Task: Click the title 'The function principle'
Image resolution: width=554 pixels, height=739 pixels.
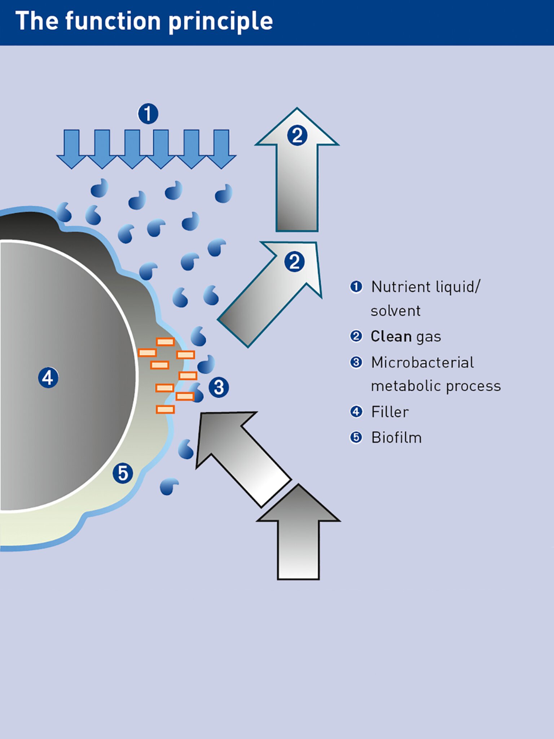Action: (144, 21)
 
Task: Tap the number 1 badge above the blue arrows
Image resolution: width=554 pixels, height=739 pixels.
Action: (148, 114)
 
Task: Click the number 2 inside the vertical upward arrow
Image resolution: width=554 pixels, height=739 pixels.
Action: (297, 136)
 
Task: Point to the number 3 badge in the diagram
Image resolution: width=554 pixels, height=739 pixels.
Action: (219, 388)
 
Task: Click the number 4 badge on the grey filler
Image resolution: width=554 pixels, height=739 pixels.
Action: (48, 378)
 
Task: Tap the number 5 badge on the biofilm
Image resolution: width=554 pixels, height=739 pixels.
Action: (123, 473)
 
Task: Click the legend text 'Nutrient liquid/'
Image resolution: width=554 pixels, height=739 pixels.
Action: (426, 287)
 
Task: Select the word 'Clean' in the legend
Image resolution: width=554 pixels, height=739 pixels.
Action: (391, 336)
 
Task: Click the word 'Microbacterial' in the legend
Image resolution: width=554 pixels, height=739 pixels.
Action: (422, 362)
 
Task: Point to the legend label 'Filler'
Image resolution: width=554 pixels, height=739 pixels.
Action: (390, 412)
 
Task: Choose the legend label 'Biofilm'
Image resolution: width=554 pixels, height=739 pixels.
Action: (396, 438)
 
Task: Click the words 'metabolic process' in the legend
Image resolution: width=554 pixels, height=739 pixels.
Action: (436, 386)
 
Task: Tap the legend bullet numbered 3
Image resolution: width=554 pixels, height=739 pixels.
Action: (356, 362)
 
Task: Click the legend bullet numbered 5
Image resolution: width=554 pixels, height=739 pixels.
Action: (356, 438)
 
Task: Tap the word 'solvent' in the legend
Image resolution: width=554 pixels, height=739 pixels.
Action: (396, 311)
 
